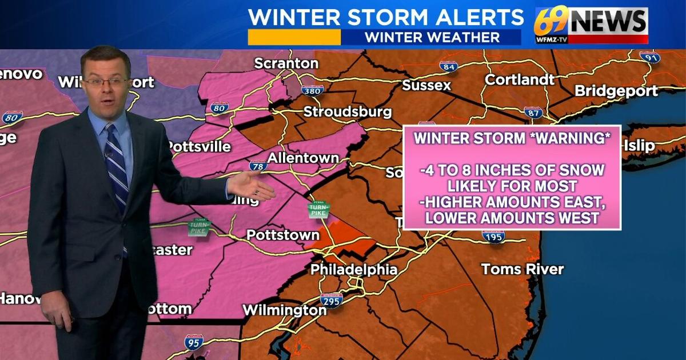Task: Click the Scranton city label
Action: [286, 63]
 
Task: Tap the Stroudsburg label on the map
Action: [348, 111]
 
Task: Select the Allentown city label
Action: [304, 157]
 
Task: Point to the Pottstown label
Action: [282, 235]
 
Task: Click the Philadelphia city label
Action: [354, 270]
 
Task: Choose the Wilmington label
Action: [284, 310]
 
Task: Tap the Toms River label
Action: [523, 269]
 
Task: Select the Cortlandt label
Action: [520, 79]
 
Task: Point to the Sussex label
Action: [426, 86]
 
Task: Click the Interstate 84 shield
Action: [448, 66]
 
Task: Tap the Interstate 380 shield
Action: [313, 90]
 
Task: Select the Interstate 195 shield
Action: [493, 236]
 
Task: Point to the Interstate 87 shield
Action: [533, 112]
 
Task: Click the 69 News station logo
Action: [591, 25]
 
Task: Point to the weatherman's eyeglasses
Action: [106, 82]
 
